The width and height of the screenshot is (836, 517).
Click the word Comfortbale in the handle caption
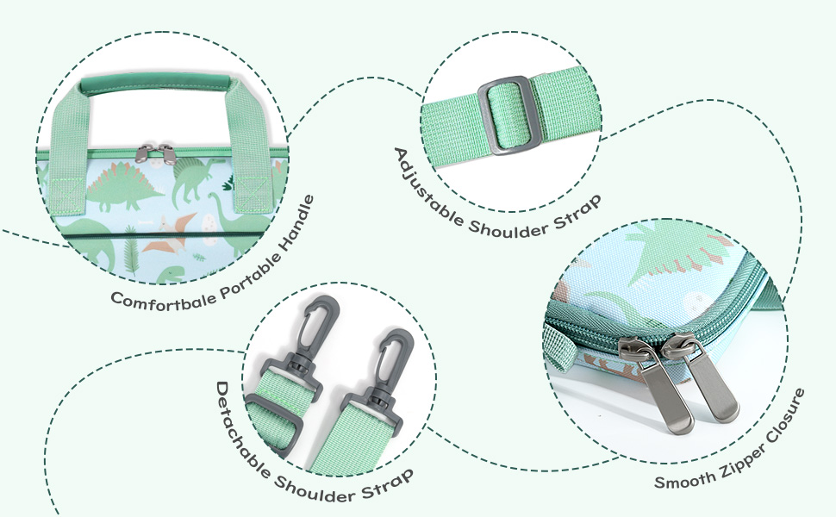point(163,300)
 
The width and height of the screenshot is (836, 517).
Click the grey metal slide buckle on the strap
point(510,115)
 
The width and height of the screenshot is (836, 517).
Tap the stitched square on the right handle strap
point(253,192)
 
